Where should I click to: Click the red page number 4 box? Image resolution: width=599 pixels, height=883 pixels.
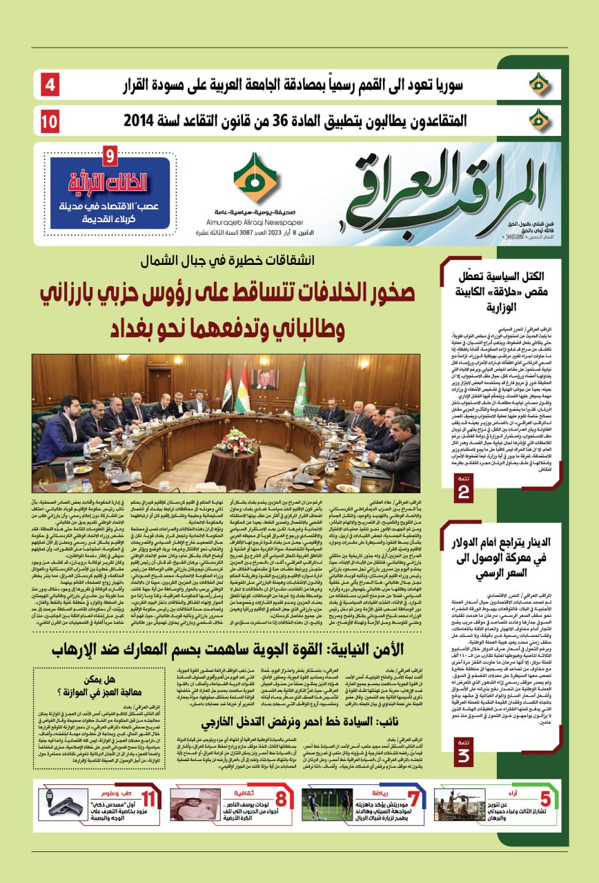click(x=51, y=87)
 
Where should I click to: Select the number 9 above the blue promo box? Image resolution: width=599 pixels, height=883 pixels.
click(x=110, y=156)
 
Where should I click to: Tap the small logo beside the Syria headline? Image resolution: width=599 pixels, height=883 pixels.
click(x=540, y=86)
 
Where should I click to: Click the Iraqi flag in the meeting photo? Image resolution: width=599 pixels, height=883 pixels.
click(x=226, y=386)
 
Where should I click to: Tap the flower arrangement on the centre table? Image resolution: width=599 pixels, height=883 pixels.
click(x=236, y=441)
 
